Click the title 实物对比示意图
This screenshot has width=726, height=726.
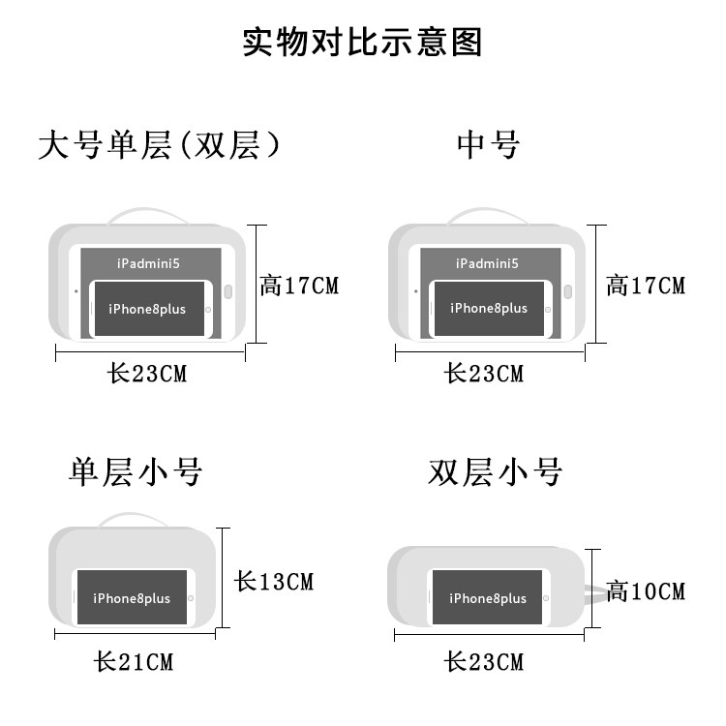pos(362,44)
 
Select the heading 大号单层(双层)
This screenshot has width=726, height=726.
pos(160,145)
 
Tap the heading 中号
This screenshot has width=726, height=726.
pos(489,145)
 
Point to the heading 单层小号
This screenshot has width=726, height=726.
pos(136,472)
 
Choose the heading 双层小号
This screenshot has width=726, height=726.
pos(495,472)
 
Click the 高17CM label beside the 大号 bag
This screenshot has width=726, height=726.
pos(300,286)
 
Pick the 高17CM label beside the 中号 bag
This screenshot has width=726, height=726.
pos(646,286)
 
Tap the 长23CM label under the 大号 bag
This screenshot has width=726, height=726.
pos(147,374)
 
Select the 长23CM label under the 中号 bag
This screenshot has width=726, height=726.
pos(484,374)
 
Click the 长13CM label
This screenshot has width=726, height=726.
pos(275,582)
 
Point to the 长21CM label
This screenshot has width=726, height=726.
pos(134,662)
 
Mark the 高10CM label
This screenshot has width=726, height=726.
pos(646,590)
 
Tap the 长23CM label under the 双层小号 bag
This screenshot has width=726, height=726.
pos(484,662)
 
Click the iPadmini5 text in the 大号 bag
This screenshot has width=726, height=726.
pos(148,263)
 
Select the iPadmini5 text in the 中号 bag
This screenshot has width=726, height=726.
pos(487,263)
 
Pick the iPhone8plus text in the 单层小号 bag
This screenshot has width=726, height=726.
pos(132,598)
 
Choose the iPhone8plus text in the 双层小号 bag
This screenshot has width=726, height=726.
pos(488,598)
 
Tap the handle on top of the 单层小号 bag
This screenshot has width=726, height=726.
pos(134,519)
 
